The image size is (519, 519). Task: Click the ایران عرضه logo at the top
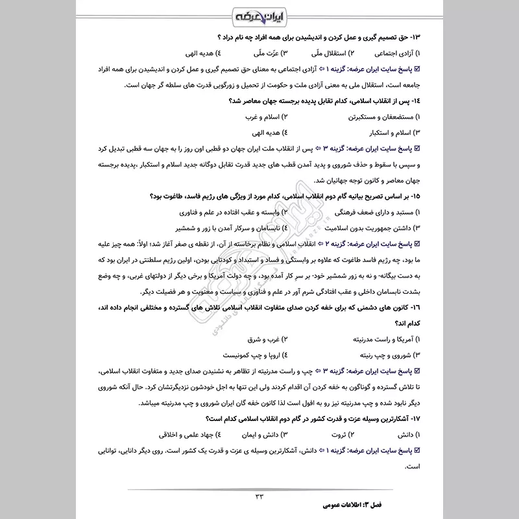pyautogui.click(x=259, y=15)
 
